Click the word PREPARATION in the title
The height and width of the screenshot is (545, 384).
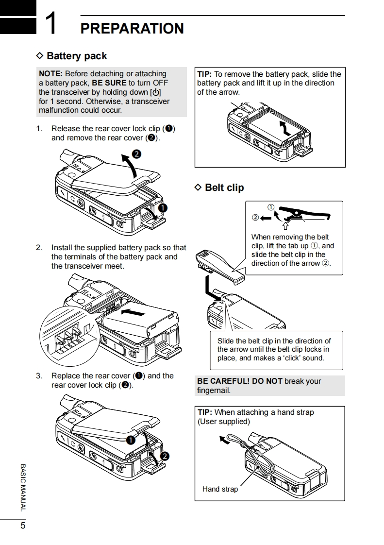(x=132, y=29)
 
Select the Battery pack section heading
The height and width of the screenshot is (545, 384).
(x=77, y=56)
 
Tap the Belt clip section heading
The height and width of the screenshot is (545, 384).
(x=224, y=187)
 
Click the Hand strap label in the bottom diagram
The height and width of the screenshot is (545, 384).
(x=220, y=489)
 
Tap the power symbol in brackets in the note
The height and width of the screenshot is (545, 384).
(x=156, y=92)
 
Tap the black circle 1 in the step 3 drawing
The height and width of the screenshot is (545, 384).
(x=131, y=441)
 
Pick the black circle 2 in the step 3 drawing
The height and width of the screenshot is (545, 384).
(x=164, y=456)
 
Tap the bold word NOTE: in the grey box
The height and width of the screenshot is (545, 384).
(x=50, y=74)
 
